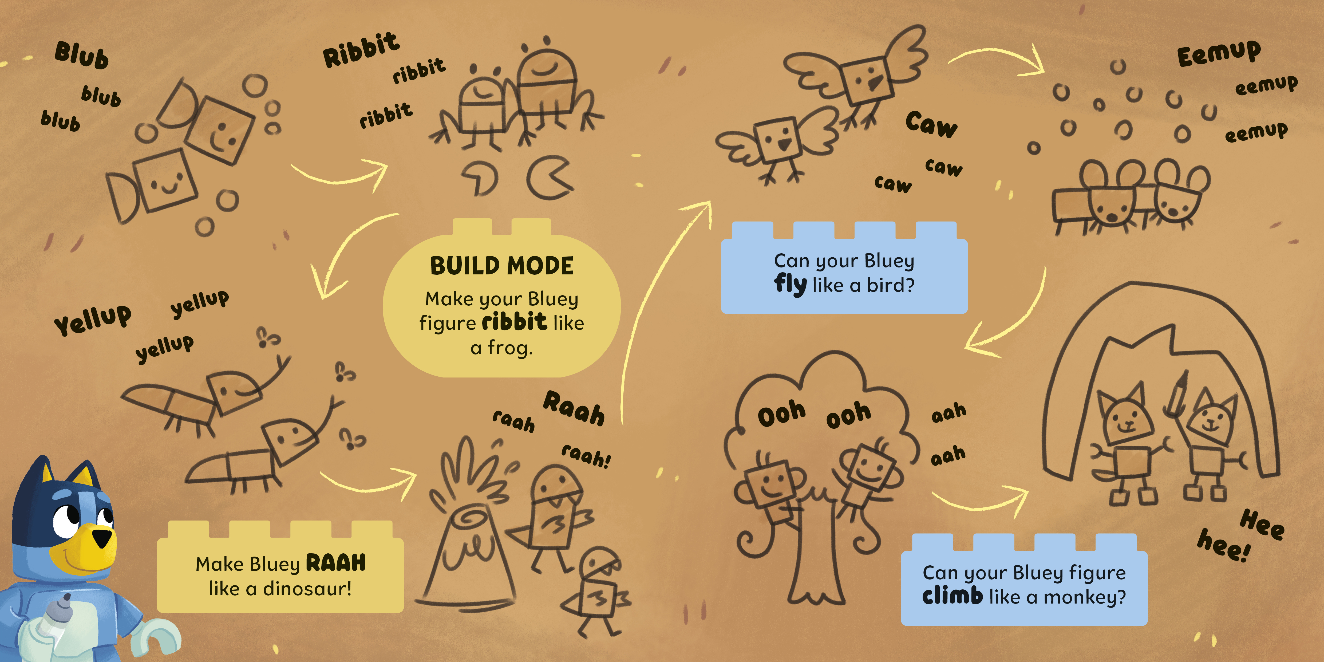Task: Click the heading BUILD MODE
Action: [x=502, y=266]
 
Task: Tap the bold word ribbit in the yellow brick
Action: [x=515, y=322]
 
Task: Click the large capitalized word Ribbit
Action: [x=361, y=50]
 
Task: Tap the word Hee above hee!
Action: [x=1262, y=524]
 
